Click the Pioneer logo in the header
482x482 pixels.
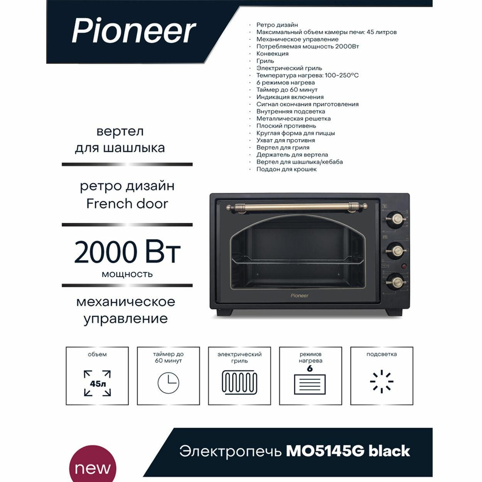[x=134, y=30]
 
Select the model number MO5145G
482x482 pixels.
[x=325, y=451]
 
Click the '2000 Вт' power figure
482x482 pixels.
[x=127, y=252]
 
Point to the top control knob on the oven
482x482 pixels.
[x=396, y=219]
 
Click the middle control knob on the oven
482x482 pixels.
[x=396, y=251]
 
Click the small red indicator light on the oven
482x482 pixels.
[x=404, y=266]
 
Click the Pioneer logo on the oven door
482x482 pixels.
[x=299, y=296]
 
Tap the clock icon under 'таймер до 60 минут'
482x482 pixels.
[x=169, y=383]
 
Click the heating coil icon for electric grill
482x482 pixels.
[x=239, y=383]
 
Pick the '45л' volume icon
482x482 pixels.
[x=97, y=383]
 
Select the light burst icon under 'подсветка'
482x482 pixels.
[x=381, y=382]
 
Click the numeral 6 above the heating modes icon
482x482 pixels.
[x=310, y=369]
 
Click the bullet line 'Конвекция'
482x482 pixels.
[x=272, y=54]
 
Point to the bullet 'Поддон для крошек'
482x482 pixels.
[x=287, y=169]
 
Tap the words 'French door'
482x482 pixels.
[x=127, y=204]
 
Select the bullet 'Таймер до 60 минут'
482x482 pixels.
[x=287, y=90]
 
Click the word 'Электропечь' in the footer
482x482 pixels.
[x=230, y=451]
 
